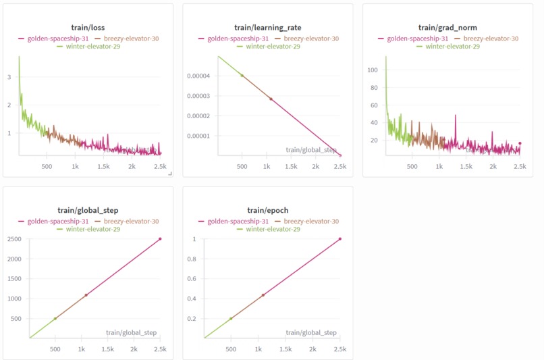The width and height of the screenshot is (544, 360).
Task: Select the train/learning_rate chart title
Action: (267, 28)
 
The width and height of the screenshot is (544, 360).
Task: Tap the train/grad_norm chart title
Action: (447, 28)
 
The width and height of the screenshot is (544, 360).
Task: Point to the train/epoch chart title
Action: (267, 211)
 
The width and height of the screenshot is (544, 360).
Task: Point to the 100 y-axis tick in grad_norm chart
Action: (371, 70)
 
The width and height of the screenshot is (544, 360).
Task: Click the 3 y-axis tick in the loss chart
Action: (9, 77)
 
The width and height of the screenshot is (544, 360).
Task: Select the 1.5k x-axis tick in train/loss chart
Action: (104, 166)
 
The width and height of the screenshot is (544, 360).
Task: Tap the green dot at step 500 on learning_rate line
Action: (242, 76)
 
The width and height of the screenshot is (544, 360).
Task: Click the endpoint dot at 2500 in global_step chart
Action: (160, 239)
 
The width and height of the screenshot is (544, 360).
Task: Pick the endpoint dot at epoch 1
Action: (339, 239)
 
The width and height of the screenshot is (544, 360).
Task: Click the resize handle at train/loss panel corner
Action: (170, 174)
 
